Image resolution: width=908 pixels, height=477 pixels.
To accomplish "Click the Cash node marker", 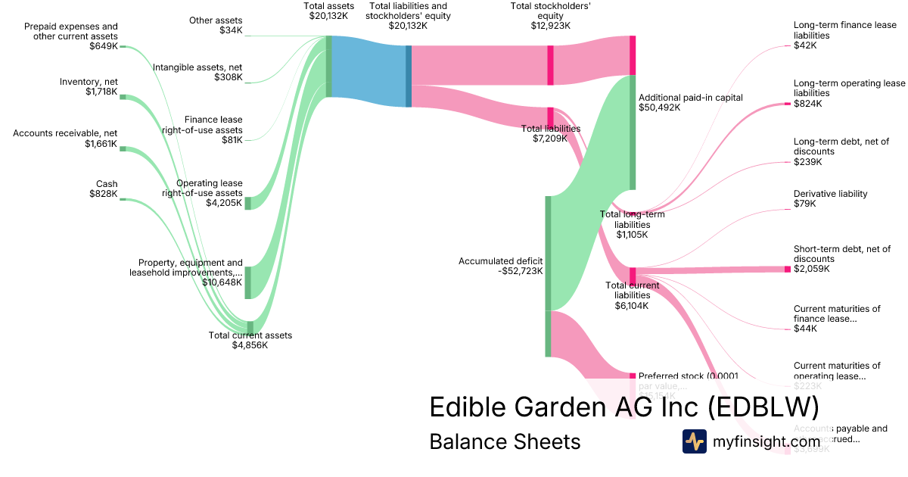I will pyautogui.click(x=123, y=199).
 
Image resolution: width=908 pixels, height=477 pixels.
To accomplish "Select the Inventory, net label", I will pyautogui.click(x=89, y=82).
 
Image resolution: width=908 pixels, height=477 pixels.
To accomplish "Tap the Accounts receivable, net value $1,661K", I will pyautogui.click(x=101, y=144).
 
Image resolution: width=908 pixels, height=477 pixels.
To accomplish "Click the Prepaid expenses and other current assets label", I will pyautogui.click(x=71, y=31).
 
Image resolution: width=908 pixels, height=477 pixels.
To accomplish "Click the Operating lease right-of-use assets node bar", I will pyautogui.click(x=247, y=203).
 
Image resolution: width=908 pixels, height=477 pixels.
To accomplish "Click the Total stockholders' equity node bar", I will pyautogui.click(x=551, y=64).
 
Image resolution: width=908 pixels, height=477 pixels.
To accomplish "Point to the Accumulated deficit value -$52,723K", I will pyautogui.click(x=500, y=271).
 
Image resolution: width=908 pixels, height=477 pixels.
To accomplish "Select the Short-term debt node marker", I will pyautogui.click(x=788, y=269).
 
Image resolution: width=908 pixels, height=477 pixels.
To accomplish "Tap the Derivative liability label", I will pyautogui.click(x=830, y=194).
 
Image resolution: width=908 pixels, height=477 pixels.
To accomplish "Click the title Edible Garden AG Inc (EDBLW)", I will pyautogui.click(x=624, y=407).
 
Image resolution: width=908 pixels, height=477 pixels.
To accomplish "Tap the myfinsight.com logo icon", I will pyautogui.click(x=694, y=441).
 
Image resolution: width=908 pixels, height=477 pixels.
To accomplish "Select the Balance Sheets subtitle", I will pyautogui.click(x=505, y=441).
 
